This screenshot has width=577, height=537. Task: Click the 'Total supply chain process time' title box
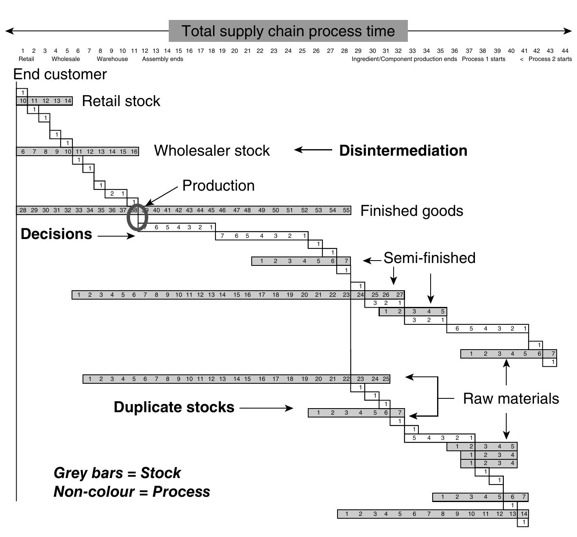(x=288, y=31)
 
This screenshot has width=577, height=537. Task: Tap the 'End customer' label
(x=60, y=74)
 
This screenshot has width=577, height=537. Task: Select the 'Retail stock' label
(x=121, y=101)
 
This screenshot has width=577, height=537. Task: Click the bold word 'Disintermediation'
(x=403, y=151)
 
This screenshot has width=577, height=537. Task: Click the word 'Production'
(x=218, y=186)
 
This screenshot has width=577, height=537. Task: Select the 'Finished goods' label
(x=412, y=211)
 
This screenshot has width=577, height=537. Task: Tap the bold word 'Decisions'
(x=56, y=234)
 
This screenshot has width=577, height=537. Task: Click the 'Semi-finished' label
(x=429, y=258)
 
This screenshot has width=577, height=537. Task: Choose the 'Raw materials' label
(x=511, y=399)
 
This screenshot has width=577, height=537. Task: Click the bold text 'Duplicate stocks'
(x=174, y=407)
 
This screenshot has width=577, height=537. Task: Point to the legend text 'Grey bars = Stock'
(x=117, y=473)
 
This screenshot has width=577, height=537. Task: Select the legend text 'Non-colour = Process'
(x=132, y=492)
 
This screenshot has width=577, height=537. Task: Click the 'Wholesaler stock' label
(x=212, y=151)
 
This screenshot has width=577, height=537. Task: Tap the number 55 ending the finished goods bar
(x=346, y=211)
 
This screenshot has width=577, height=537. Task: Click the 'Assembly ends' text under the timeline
(x=162, y=59)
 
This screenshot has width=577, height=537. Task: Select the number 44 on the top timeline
(x=565, y=51)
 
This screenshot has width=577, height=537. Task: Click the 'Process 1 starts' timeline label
(x=483, y=59)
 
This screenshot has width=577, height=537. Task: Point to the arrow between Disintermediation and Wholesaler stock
(x=313, y=150)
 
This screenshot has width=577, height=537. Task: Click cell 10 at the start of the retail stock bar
(x=23, y=101)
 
